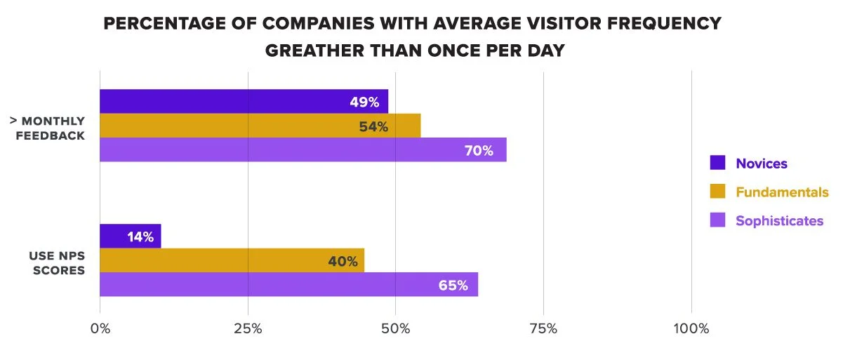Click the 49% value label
364,102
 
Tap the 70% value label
479,150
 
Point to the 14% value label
140,236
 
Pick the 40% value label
343,261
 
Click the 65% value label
453,286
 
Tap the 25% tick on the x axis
248,328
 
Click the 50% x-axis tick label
396,328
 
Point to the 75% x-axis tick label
543,328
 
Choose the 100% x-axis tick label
691,328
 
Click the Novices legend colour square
717,164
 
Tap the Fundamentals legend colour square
717,192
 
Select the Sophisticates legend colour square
717,220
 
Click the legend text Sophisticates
779,220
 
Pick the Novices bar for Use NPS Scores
131,236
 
